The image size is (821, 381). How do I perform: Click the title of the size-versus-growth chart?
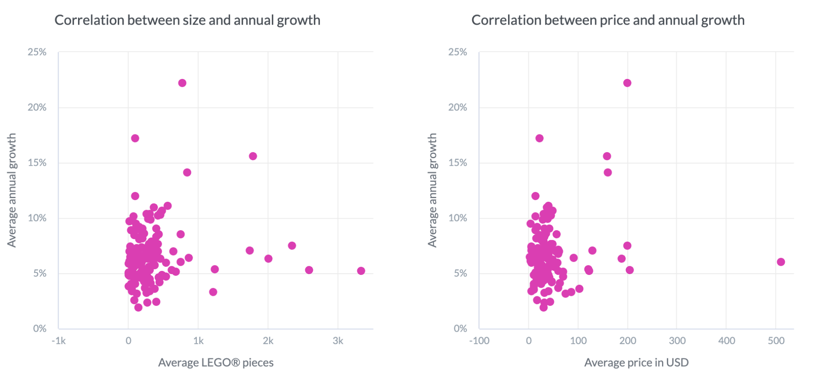187,20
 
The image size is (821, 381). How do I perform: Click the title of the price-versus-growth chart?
608,20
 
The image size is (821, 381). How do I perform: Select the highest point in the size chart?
182,83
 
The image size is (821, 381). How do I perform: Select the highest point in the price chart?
627,83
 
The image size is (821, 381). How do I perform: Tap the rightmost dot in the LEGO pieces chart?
361,271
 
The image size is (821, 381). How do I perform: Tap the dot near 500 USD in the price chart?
781,262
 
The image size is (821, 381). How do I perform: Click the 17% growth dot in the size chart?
135,138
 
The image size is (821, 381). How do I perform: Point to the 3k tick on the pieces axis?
338,341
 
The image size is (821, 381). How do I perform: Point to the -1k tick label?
58,341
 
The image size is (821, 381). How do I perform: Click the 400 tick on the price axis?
726,341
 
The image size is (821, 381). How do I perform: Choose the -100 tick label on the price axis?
479,341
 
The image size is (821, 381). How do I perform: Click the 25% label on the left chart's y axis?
37,52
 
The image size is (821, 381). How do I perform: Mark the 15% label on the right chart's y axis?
458,163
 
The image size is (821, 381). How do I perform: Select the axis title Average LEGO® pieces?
216,363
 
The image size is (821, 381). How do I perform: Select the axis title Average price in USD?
636,363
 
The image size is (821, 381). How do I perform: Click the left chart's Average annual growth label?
12,190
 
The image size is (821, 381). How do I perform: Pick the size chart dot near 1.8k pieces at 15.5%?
253,156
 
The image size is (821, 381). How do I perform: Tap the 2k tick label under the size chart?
268,341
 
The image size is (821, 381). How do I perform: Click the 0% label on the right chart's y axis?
460,328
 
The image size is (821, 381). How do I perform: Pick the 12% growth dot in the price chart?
535,196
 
